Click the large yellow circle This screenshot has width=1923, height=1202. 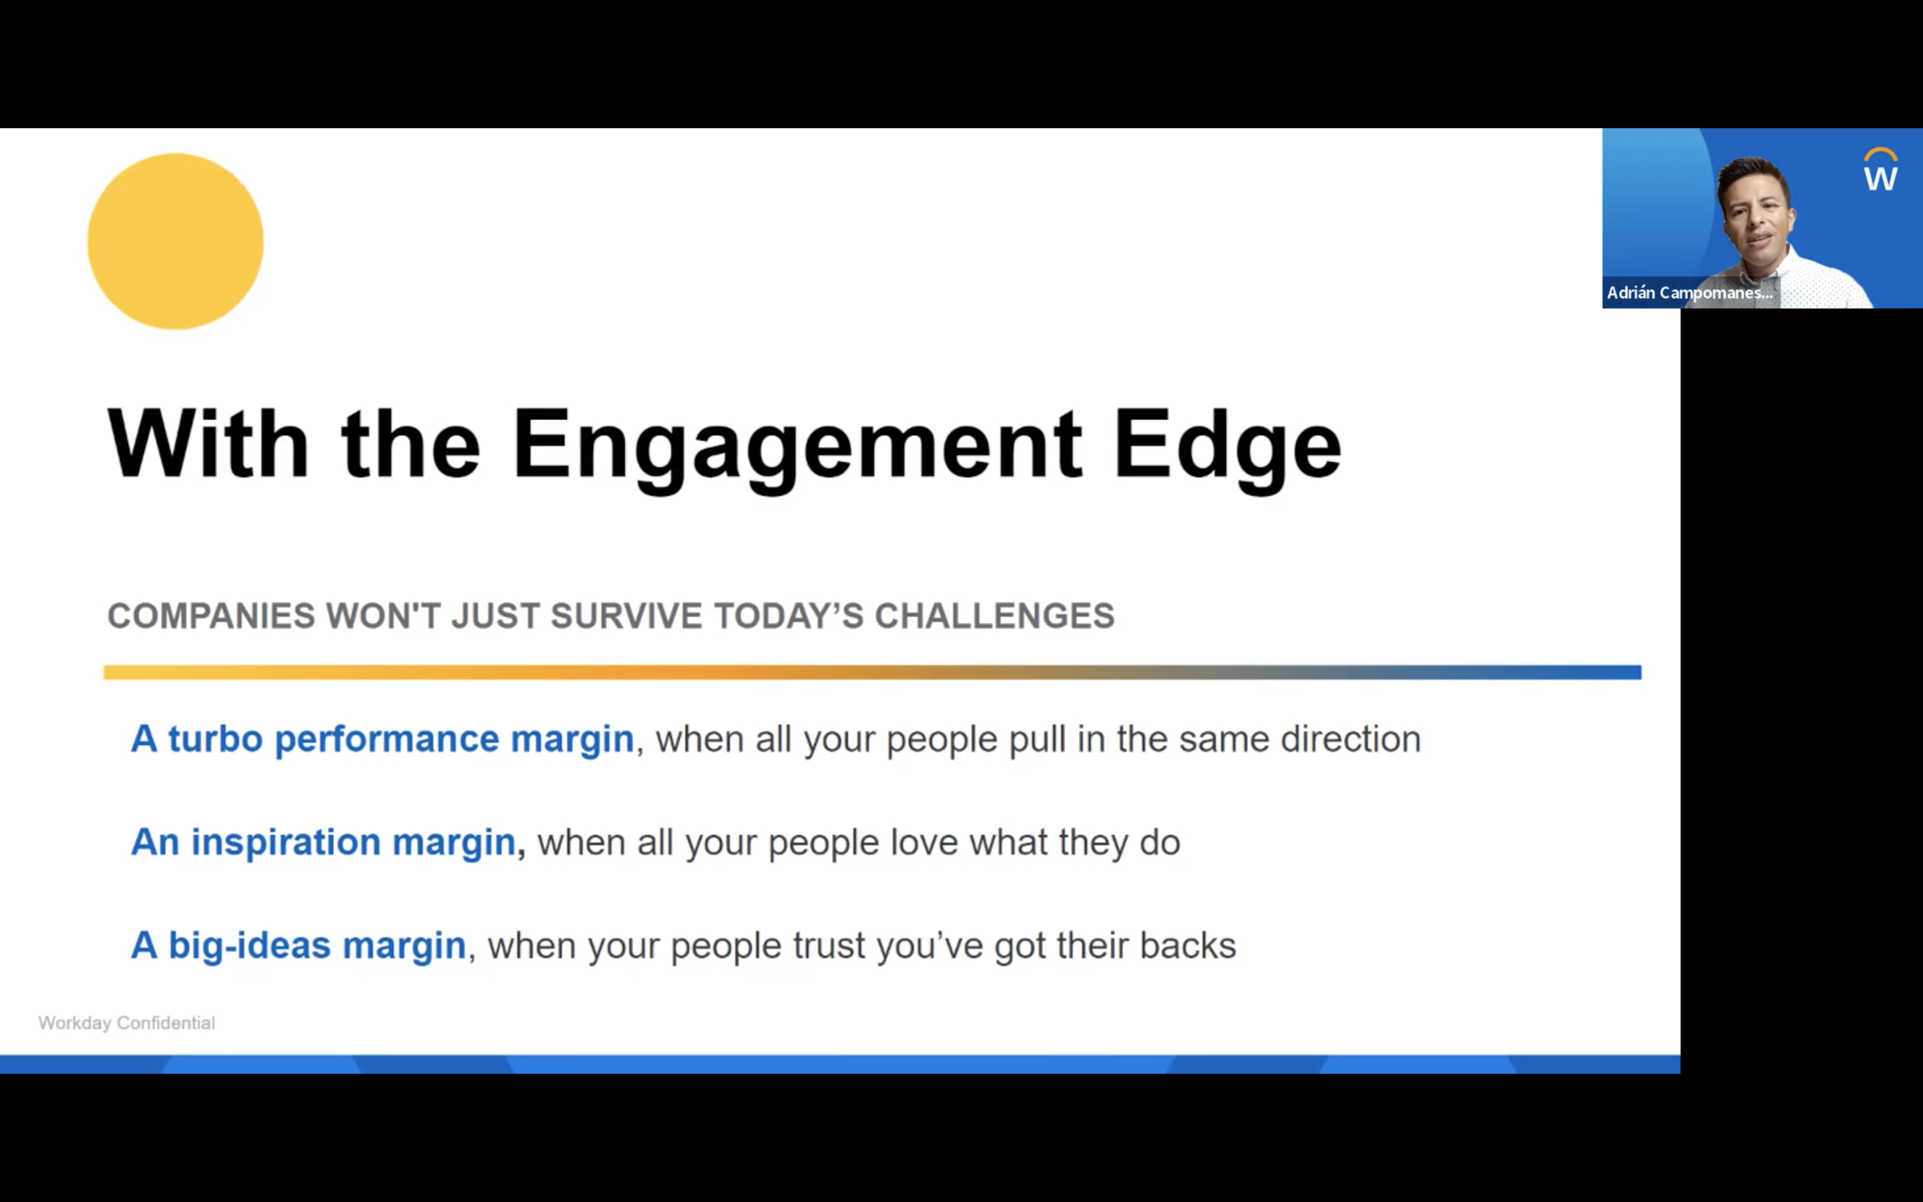[176, 242]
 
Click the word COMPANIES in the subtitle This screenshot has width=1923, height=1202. [212, 616]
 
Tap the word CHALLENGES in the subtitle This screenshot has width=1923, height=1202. [994, 616]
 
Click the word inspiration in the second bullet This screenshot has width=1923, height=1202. [286, 843]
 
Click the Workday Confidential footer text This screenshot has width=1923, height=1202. [126, 1023]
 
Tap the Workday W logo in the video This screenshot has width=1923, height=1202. [1880, 171]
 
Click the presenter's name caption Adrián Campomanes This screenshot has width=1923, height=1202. [1689, 292]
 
